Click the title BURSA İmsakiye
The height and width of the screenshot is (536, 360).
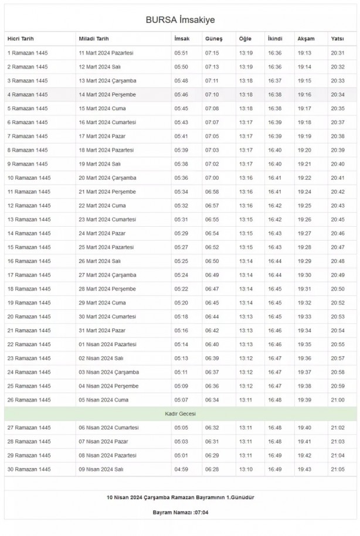pos(180,20)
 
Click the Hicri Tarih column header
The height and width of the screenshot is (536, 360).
pos(21,39)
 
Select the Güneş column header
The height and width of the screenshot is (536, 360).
pos(213,39)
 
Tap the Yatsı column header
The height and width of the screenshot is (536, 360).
pos(337,39)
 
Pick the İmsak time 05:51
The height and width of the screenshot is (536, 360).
pos(181,53)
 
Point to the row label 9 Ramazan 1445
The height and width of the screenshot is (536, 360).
pos(28,164)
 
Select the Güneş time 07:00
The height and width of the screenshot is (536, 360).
pos(212,177)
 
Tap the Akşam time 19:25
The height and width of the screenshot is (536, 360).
pos(304,206)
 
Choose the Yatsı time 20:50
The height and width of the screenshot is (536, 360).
pos(338,289)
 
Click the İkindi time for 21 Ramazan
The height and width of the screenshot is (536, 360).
pos(274,330)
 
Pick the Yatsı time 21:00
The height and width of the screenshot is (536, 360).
pos(338,400)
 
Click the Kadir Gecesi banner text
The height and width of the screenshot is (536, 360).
pos(180,414)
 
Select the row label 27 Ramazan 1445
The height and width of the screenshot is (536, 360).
pos(29,428)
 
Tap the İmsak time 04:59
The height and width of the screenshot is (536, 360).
pos(181,469)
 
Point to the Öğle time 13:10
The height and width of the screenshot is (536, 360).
pos(246,469)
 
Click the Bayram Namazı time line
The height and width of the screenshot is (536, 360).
pos(180,512)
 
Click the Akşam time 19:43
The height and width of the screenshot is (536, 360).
pos(304,469)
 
